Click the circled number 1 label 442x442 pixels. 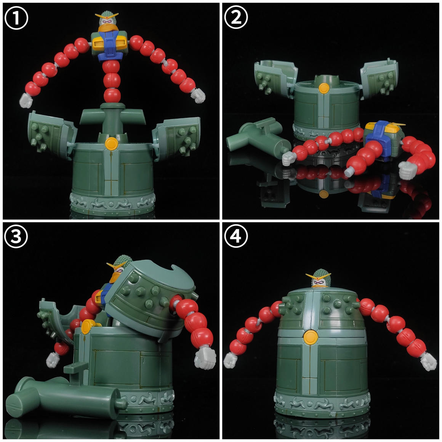[16, 18]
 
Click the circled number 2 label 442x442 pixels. [236, 17]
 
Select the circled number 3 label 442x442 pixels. [16, 236]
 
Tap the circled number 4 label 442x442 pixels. [236, 236]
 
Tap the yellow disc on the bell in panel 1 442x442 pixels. [111, 144]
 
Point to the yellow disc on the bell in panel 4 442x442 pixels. [311, 338]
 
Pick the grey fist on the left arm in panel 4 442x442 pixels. [231, 360]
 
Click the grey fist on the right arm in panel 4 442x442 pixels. [428, 362]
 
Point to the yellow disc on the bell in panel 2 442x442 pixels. [324, 88]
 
